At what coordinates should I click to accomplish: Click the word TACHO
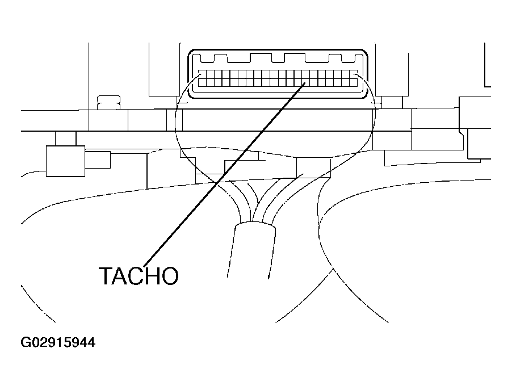(x=139, y=276)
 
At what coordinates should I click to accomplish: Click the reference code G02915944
(x=58, y=342)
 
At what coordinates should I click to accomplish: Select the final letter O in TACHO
(x=169, y=276)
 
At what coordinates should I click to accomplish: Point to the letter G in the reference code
(x=26, y=342)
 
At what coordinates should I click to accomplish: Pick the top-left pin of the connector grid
(x=203, y=75)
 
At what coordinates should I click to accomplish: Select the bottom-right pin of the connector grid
(x=354, y=82)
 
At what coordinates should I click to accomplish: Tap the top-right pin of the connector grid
(x=354, y=75)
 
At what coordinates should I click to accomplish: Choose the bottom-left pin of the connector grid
(x=203, y=82)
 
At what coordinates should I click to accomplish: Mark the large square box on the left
(x=66, y=161)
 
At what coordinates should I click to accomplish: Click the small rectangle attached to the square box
(x=98, y=160)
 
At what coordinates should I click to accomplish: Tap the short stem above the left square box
(x=66, y=139)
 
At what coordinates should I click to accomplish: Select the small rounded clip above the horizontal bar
(x=109, y=102)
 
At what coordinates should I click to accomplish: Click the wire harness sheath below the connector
(x=251, y=250)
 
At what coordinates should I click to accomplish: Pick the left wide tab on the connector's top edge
(x=261, y=57)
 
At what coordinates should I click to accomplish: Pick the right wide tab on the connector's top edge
(x=295, y=57)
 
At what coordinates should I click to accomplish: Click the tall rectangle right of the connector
(x=392, y=70)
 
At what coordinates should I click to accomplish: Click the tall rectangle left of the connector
(x=164, y=70)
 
